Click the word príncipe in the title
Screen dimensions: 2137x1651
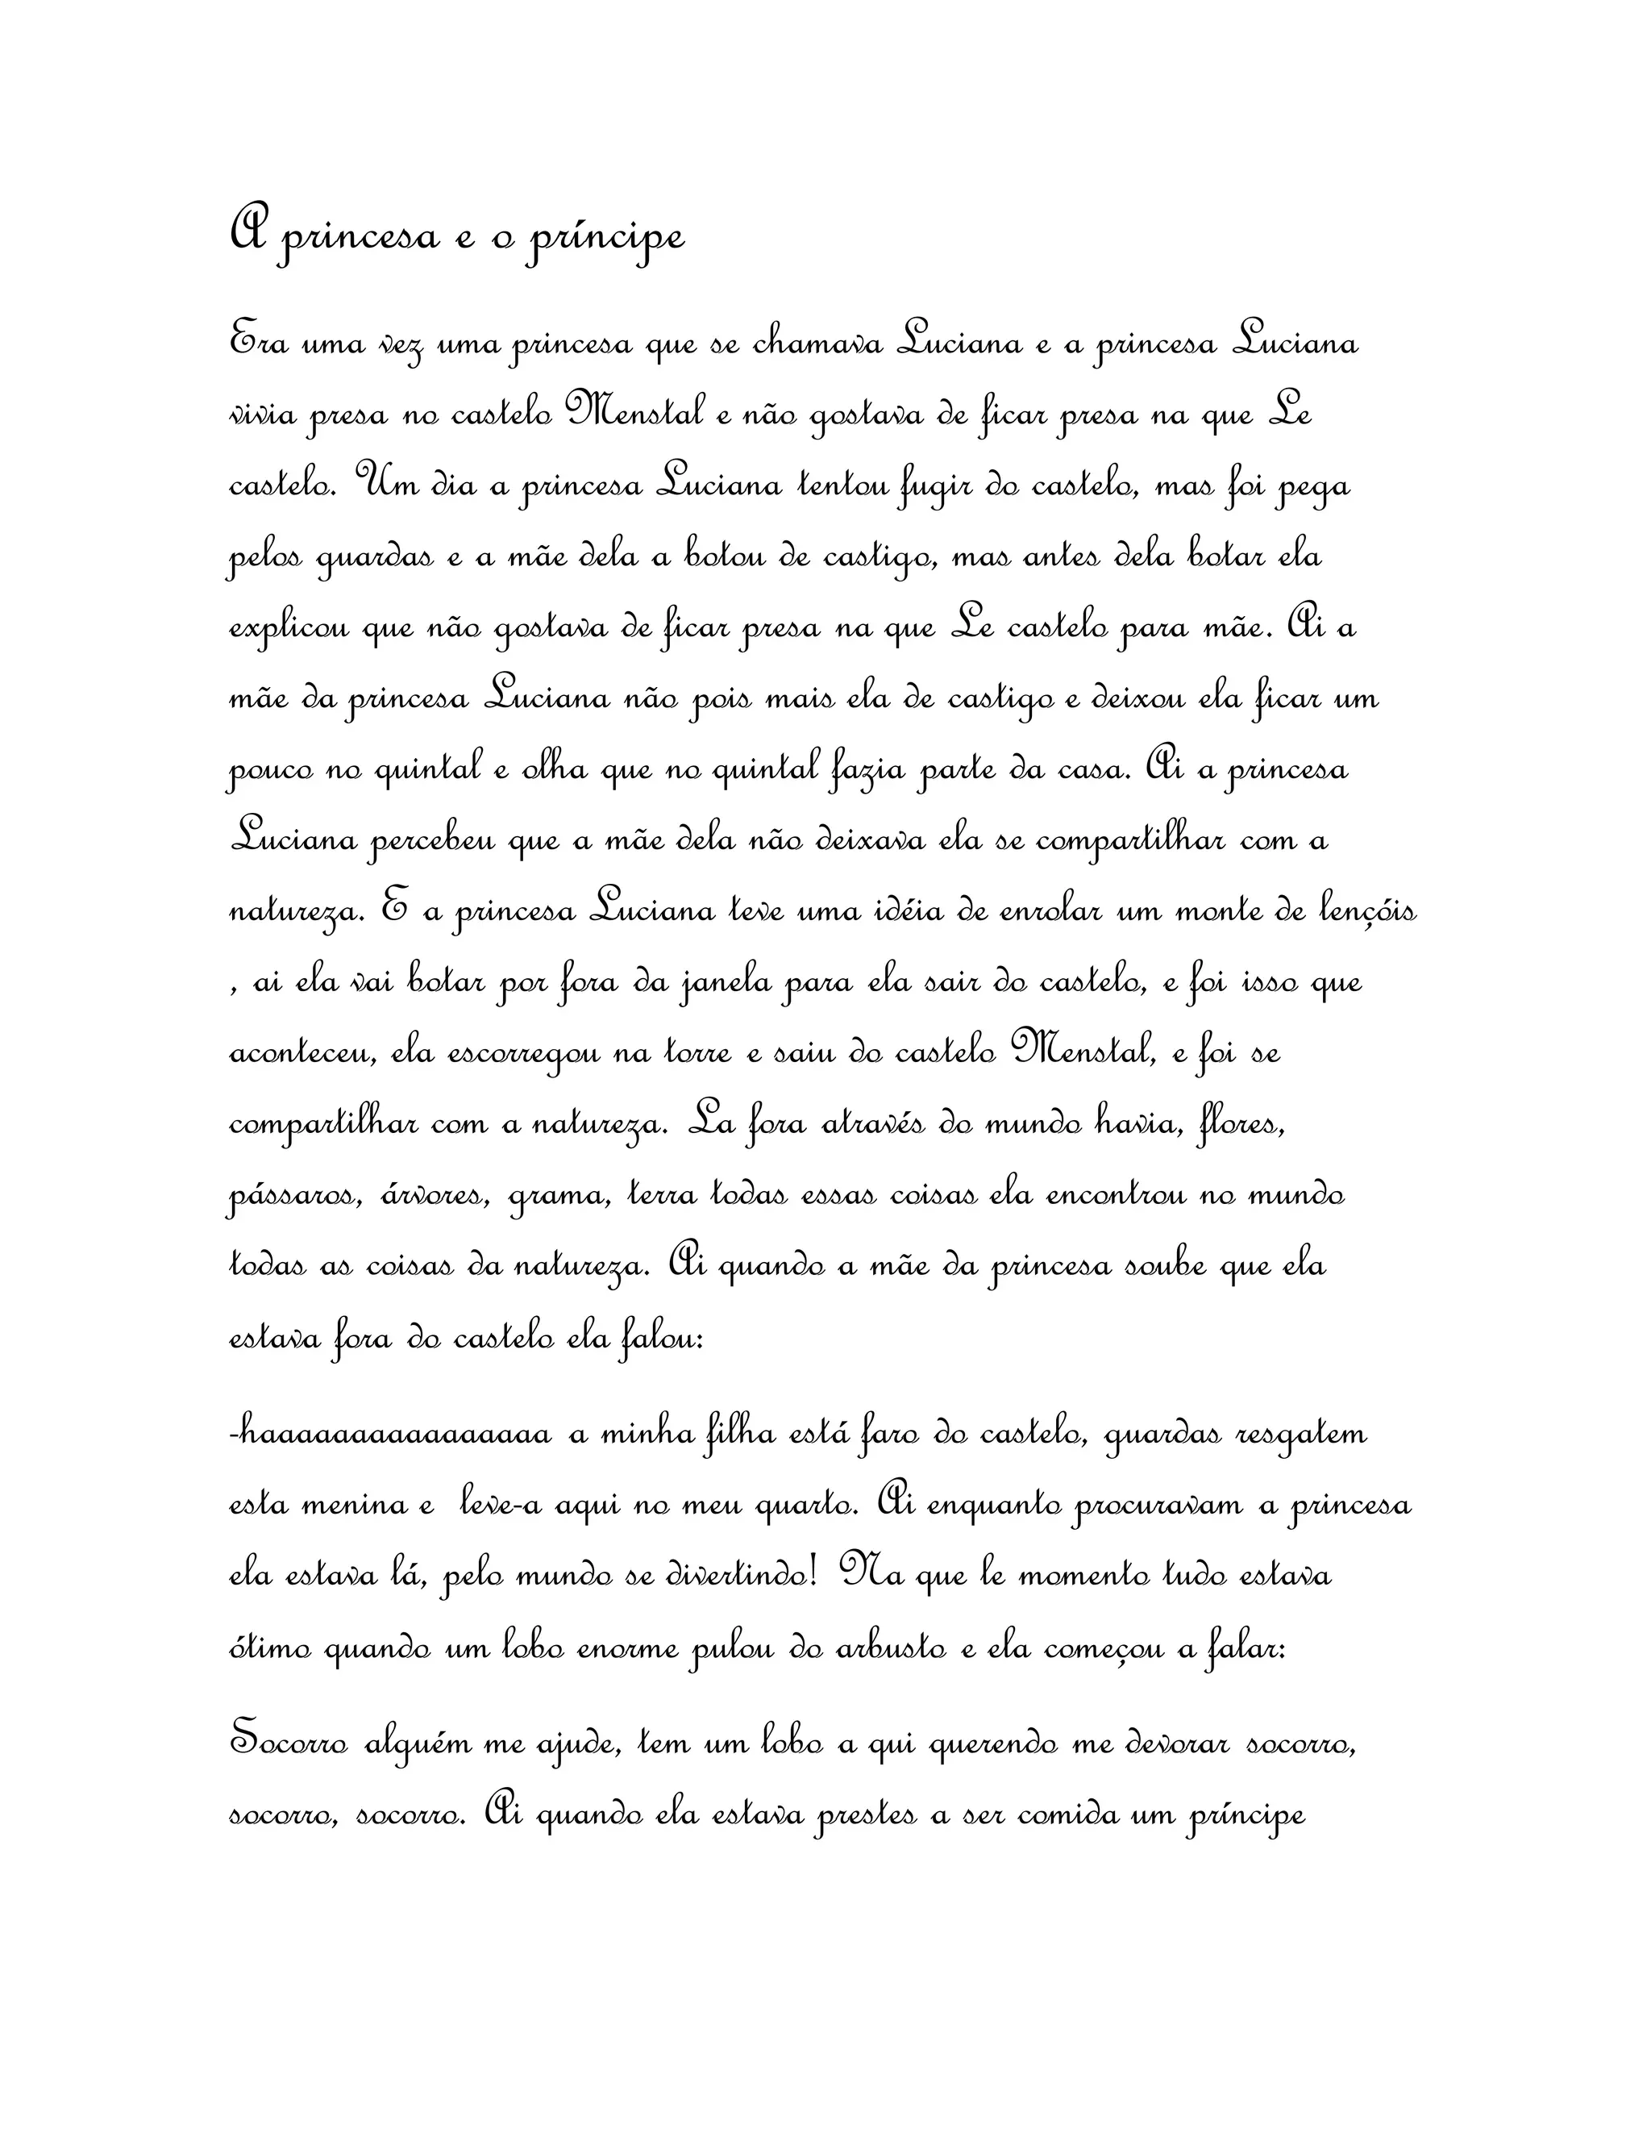[605, 238]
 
